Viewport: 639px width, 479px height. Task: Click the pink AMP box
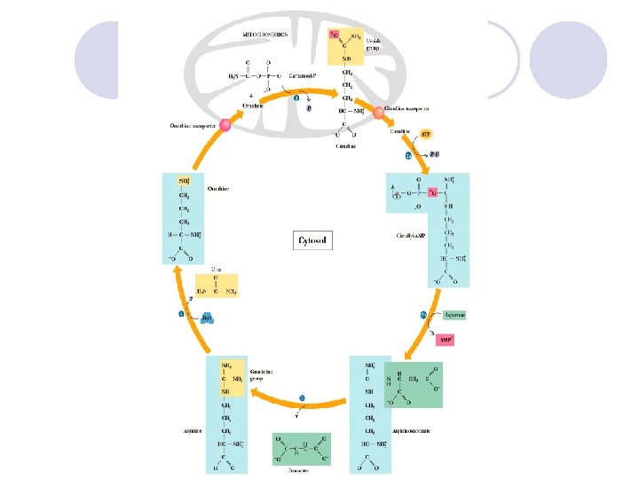click(x=451, y=338)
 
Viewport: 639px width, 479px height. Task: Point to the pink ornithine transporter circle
click(x=225, y=125)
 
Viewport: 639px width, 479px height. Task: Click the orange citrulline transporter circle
click(x=378, y=114)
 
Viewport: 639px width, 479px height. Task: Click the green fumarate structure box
click(x=301, y=448)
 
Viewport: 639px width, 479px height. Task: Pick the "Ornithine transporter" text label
click(x=192, y=126)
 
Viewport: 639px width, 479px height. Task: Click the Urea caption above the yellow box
click(x=216, y=267)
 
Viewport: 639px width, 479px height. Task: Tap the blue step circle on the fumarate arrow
click(x=304, y=398)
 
